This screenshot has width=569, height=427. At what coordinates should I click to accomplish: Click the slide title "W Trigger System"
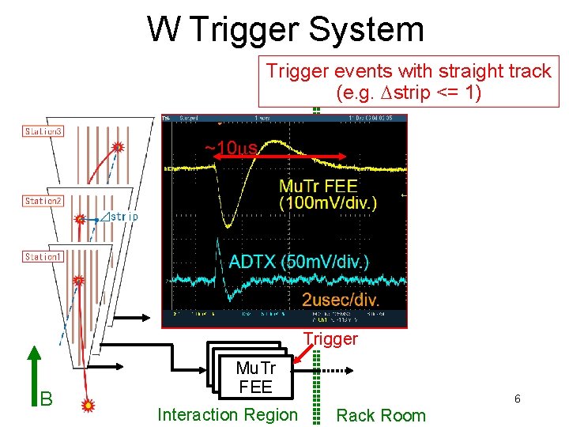tap(285, 29)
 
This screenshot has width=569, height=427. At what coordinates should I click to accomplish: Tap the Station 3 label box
tap(43, 131)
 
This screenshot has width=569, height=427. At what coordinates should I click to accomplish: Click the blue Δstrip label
tap(122, 216)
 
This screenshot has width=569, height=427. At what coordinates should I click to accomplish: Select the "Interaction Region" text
tap(228, 414)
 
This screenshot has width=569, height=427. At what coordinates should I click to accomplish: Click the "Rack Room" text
tap(381, 415)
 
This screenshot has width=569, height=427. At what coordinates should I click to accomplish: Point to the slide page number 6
tap(518, 399)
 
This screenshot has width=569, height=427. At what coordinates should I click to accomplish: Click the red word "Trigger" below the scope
tap(330, 339)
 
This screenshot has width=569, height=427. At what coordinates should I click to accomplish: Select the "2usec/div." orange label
tap(341, 300)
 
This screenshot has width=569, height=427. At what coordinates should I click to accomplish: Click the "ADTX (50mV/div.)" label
tap(299, 262)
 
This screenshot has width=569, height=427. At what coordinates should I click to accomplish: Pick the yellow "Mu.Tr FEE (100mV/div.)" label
tap(327, 195)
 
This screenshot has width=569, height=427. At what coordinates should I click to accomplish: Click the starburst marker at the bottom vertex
tap(88, 405)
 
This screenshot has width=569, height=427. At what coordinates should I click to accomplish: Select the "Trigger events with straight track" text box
tap(409, 81)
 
